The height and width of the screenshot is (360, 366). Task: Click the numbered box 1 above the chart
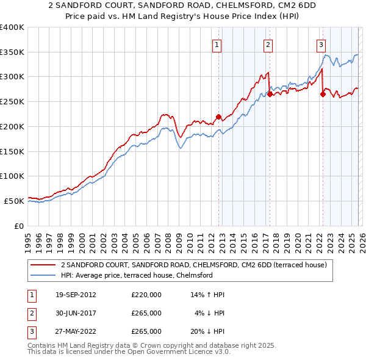click(x=217, y=44)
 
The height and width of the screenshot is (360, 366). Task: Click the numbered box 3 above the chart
click(x=321, y=44)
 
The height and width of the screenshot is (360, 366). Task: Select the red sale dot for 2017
click(x=270, y=95)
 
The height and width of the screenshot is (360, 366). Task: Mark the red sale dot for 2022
click(x=323, y=94)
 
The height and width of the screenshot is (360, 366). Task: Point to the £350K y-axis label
click(x=12, y=52)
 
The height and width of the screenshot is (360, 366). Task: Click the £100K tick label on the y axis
click(x=12, y=176)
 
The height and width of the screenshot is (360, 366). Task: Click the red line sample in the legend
click(x=43, y=265)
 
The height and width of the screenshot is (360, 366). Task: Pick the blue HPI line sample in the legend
click(x=43, y=275)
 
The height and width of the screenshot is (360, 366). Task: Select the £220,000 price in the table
click(x=146, y=295)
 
